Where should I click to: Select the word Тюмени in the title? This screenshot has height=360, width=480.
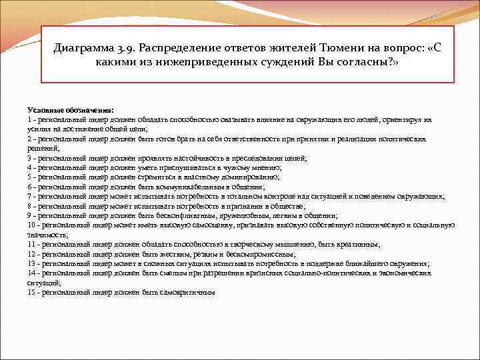(x=326, y=49)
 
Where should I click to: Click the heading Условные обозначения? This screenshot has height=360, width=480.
(x=71, y=109)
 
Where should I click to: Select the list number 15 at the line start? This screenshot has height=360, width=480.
(x=31, y=293)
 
